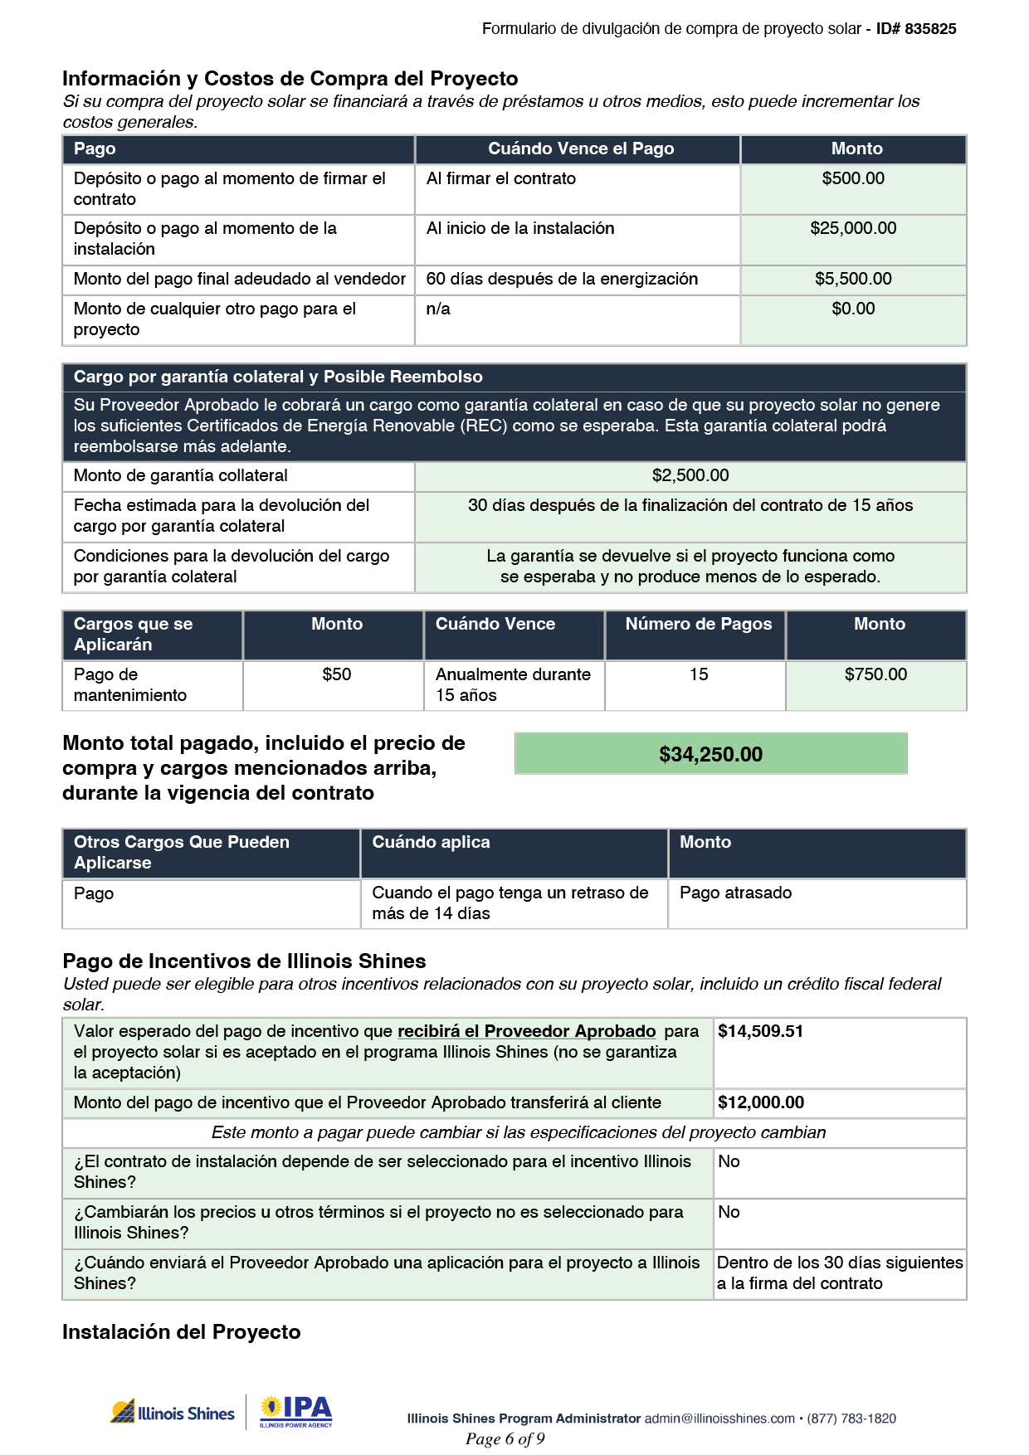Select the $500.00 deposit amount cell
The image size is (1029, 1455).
click(x=853, y=179)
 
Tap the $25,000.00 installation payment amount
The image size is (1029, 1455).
click(x=853, y=229)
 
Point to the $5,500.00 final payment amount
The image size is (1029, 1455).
click(x=853, y=280)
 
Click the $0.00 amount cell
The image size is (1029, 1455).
click(x=853, y=309)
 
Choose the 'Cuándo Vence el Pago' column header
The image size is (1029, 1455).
click(x=580, y=149)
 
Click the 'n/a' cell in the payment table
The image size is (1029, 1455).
click(x=438, y=309)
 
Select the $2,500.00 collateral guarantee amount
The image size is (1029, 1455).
click(x=690, y=476)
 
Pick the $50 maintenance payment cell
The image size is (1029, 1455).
click(x=336, y=675)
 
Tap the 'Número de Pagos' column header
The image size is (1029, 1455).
click(x=698, y=625)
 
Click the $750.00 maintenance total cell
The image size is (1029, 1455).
click(x=875, y=675)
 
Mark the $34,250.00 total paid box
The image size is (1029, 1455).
click(x=710, y=754)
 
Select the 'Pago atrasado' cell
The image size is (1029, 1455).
click(x=735, y=893)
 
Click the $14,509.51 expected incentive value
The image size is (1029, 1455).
click(x=760, y=1032)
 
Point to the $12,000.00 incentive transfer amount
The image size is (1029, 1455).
click(x=760, y=1103)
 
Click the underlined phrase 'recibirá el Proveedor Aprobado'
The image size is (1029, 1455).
click(x=526, y=1032)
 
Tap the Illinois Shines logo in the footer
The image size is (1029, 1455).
click(x=173, y=1413)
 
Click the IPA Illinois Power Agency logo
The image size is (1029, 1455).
click(x=295, y=1412)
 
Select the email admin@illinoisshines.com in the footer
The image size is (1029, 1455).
click(x=719, y=1419)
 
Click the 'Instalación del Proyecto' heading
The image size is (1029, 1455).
click(x=181, y=1332)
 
